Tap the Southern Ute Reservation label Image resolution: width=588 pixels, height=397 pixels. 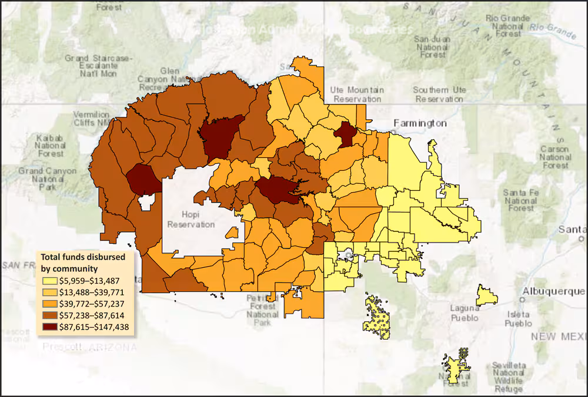(x=438, y=95)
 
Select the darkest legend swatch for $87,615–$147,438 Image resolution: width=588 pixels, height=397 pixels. (x=49, y=327)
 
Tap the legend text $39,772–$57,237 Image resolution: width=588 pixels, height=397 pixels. (x=93, y=304)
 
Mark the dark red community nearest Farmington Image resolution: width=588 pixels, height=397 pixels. (x=345, y=134)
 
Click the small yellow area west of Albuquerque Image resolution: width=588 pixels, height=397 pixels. (x=487, y=295)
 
